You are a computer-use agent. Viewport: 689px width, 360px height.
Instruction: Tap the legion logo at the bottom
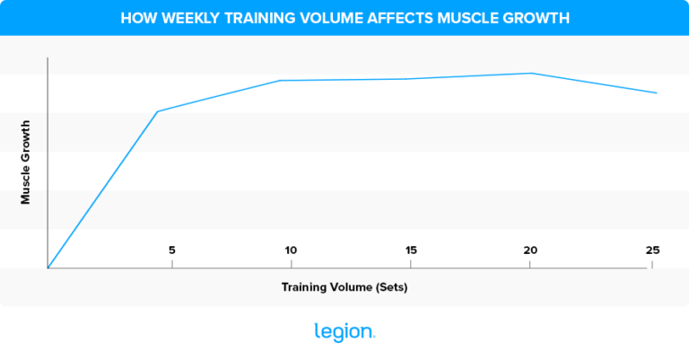coord(344,331)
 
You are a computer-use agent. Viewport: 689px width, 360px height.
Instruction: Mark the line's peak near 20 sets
coord(531,73)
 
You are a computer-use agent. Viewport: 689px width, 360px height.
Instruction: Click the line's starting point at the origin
coord(48,268)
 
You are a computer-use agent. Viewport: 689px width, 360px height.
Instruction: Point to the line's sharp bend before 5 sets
coord(158,111)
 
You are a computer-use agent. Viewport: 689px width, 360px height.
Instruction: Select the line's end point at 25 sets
coord(657,92)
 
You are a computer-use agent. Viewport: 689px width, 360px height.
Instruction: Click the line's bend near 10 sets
coord(280,80)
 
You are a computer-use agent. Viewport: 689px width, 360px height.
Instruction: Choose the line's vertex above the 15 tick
coord(410,79)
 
